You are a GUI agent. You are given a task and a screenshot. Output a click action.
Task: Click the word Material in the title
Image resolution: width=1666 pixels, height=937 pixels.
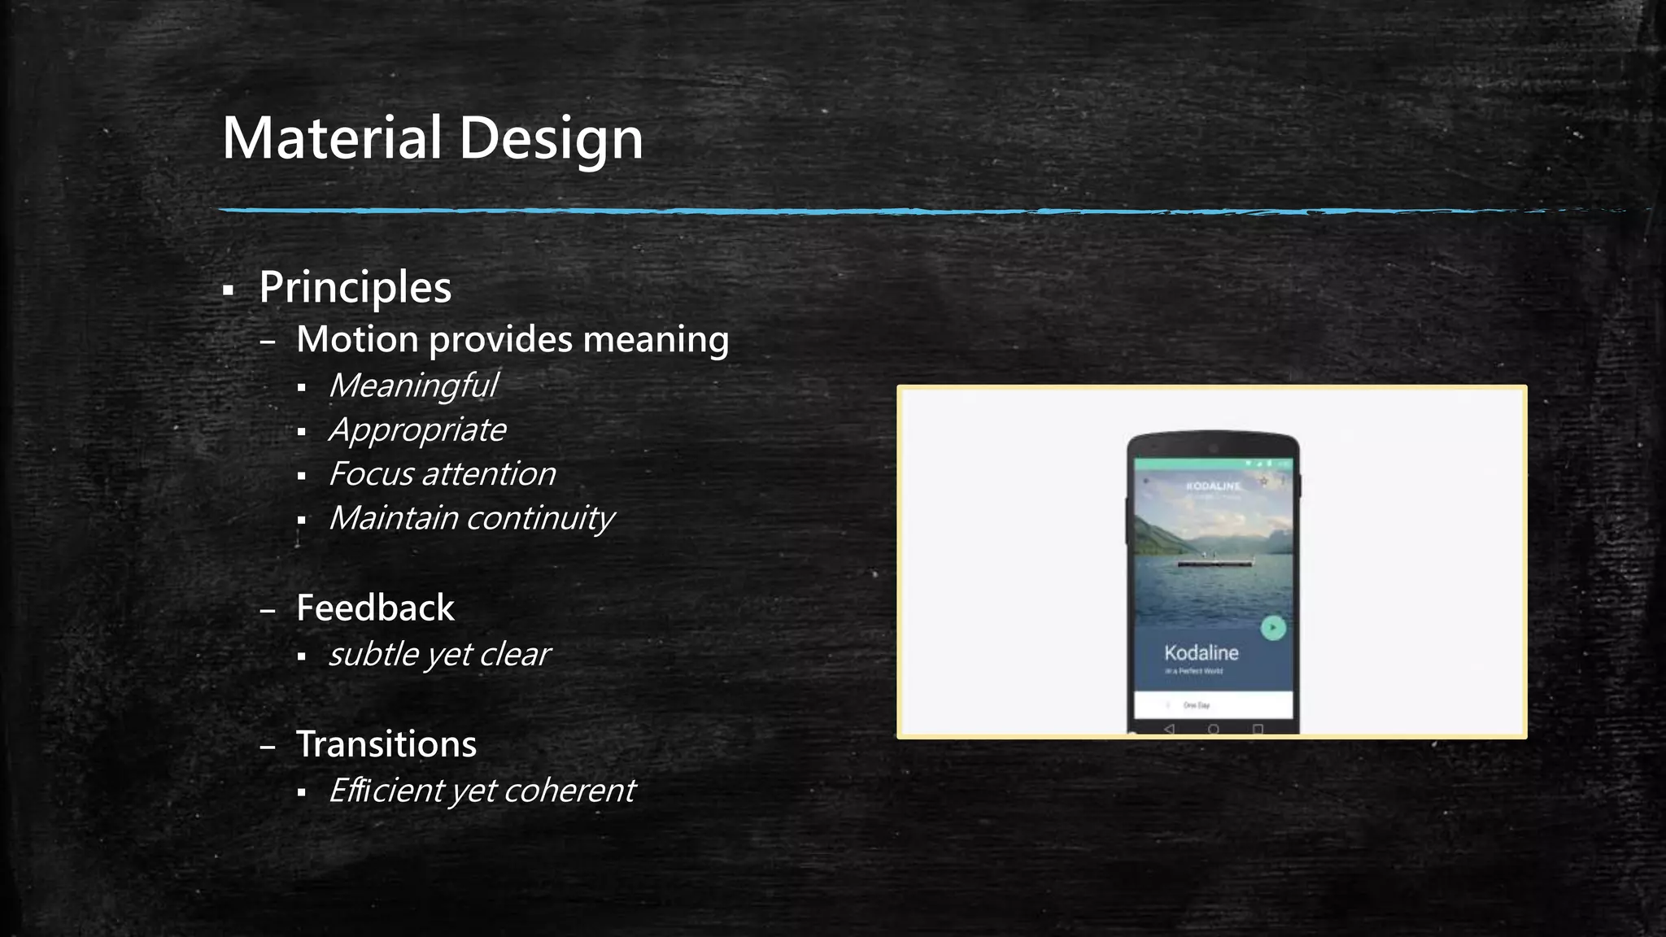tap(332, 137)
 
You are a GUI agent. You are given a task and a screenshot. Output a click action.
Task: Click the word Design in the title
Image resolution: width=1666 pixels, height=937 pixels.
tap(551, 137)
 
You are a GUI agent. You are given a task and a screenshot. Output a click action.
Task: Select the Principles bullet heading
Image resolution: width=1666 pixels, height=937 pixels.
tap(355, 287)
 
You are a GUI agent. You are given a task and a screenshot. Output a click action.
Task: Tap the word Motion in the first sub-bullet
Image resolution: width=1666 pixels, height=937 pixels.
tap(357, 339)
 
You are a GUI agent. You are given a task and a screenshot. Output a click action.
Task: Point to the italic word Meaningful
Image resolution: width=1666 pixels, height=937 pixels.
tap(413, 386)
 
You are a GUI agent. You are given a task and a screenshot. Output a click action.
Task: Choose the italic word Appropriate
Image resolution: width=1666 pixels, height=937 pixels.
tap(417, 430)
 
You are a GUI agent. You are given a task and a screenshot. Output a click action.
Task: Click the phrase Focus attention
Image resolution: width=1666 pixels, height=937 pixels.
tap(442, 474)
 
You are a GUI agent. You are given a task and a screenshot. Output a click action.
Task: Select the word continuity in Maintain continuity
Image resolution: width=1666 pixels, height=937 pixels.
tap(540, 518)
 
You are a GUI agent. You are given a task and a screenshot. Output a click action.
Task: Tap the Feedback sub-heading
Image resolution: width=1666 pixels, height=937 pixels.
tap(375, 608)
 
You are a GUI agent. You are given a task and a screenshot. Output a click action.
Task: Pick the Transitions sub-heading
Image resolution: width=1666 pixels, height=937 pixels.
tap(386, 744)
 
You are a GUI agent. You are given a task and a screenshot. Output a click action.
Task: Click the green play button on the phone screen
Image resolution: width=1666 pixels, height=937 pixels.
tap(1273, 628)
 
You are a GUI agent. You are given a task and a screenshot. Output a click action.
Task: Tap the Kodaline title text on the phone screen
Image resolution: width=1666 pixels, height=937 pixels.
tap(1201, 652)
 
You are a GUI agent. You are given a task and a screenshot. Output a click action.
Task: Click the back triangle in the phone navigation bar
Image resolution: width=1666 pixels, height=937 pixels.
tap(1170, 729)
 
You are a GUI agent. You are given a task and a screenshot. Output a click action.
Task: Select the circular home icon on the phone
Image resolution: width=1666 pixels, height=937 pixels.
tap(1213, 729)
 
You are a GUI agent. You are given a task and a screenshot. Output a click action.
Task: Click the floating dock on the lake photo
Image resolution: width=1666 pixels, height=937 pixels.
tap(1215, 562)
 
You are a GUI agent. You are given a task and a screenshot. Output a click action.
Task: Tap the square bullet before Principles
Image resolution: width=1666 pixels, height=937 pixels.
tap(228, 290)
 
